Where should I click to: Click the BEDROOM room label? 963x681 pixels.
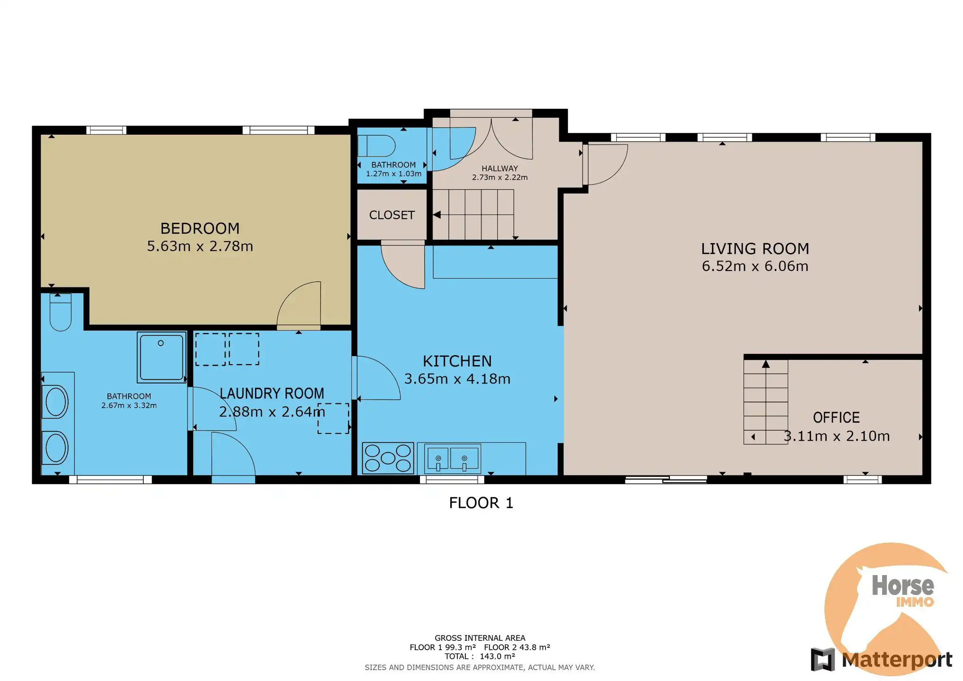[x=200, y=228]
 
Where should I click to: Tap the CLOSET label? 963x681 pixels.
[x=392, y=215]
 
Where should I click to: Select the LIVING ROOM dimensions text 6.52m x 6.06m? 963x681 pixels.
[x=755, y=266]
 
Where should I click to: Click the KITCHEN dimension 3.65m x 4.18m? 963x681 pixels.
[x=457, y=379]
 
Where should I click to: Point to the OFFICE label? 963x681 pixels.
[x=836, y=418]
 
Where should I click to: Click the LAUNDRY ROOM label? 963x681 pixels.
[x=272, y=393]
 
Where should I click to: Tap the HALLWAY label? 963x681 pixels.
[x=499, y=168]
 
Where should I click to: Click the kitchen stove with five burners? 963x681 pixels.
[x=388, y=458]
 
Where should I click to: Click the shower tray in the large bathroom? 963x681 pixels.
[x=161, y=357]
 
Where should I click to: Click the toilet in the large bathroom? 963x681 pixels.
[x=61, y=312]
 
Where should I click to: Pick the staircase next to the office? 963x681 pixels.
[x=765, y=402]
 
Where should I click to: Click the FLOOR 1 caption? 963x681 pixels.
[x=481, y=503]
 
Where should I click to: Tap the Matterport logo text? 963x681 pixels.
[x=897, y=660]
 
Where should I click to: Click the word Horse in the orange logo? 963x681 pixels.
[x=902, y=586]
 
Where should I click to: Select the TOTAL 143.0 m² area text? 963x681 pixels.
[x=480, y=656]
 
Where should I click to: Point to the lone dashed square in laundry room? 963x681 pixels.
[x=333, y=419]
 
